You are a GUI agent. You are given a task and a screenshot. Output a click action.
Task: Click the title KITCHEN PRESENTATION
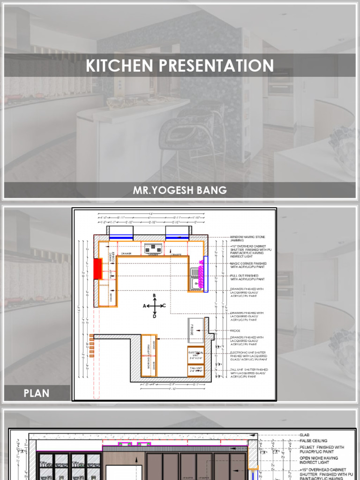(x=180, y=66)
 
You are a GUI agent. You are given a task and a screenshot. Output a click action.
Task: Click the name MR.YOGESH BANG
(x=180, y=190)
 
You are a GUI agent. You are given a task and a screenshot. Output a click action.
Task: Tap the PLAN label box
(x=37, y=393)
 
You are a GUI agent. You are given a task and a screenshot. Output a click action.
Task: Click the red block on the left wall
(x=98, y=268)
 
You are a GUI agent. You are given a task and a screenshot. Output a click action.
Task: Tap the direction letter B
(x=154, y=295)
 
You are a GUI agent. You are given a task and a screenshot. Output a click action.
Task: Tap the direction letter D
(x=154, y=316)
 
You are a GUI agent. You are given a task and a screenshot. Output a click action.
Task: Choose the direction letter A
(x=144, y=306)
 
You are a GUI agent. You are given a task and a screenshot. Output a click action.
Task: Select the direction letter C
(x=164, y=306)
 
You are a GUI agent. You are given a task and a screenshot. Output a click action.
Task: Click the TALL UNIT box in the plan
(x=195, y=369)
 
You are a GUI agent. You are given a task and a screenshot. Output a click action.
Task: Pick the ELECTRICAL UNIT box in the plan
(x=195, y=353)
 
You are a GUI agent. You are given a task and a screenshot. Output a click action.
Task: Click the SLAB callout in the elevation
(x=304, y=435)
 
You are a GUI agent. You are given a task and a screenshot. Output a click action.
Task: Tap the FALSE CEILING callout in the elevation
(x=313, y=441)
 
